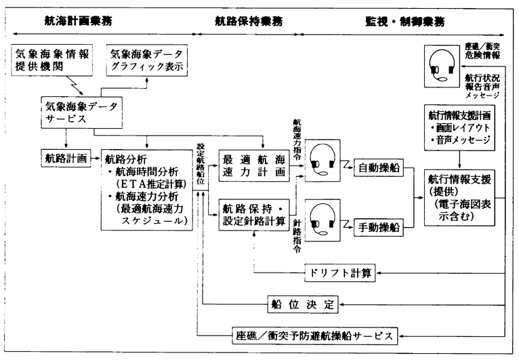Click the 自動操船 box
coord(377,165)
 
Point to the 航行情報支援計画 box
coord(461,129)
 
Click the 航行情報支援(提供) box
coord(461,197)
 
